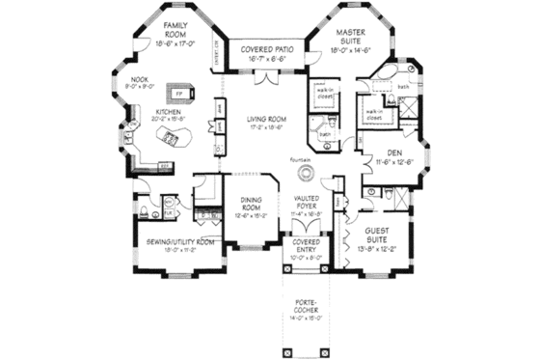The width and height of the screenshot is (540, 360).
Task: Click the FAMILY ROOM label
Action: pos(175,29)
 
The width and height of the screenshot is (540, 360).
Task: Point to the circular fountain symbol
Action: pos(306,174)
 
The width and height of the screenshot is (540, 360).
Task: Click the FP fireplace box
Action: pos(180,93)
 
